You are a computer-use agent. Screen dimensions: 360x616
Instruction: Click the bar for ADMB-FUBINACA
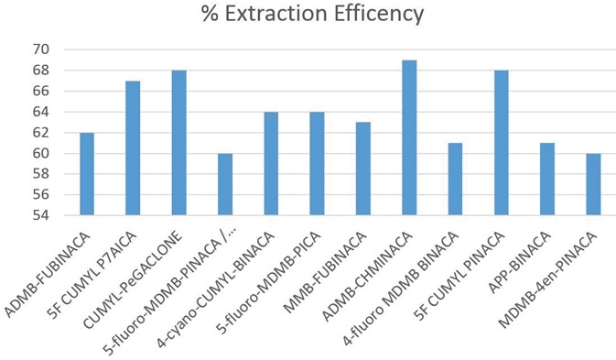point(87,174)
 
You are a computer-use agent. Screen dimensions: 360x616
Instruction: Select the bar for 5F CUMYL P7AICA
point(133,148)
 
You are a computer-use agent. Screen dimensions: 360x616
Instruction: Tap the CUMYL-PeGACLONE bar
point(178,143)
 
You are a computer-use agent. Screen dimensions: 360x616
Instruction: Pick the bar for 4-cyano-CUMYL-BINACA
point(271,164)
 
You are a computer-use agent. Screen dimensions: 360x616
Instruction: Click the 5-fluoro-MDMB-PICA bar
point(317,164)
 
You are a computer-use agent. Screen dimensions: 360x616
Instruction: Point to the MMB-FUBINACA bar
point(363,169)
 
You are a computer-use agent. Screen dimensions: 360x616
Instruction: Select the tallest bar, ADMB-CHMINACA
point(409,138)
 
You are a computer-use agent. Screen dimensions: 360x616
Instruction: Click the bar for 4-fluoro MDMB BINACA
point(456,180)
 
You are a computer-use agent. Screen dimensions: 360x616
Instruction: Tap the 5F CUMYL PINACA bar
point(502,143)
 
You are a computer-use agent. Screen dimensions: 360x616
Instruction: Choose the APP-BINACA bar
point(547,180)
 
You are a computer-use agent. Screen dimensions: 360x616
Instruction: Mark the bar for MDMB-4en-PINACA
point(594,185)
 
